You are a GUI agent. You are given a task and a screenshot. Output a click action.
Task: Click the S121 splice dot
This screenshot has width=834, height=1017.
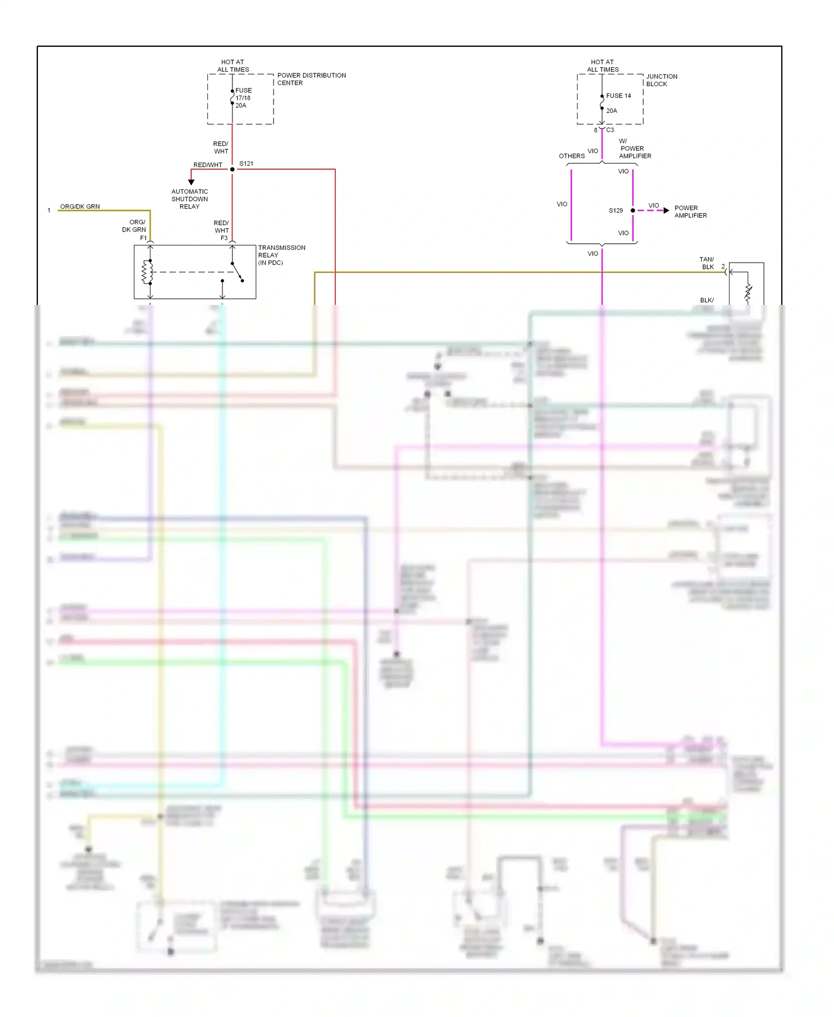point(232,169)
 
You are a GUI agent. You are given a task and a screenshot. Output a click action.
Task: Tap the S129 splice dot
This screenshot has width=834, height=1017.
point(633,210)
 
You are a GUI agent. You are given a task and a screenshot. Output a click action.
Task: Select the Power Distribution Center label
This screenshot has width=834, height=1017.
point(311,79)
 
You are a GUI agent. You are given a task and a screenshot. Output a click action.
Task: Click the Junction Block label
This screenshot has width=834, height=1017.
point(661,80)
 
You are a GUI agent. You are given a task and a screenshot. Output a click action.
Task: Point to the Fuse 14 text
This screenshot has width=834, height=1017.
point(618,96)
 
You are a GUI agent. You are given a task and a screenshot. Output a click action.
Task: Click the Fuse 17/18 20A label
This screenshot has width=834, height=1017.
point(243,98)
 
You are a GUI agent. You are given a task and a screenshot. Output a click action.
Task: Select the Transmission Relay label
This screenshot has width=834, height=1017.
point(281,255)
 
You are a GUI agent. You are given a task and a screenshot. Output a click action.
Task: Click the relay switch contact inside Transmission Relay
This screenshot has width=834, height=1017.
point(237,272)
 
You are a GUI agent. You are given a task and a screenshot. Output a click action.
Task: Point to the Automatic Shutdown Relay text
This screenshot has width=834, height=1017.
point(190,199)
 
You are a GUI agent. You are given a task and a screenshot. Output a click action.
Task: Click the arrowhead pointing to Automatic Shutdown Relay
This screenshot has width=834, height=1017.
point(191,182)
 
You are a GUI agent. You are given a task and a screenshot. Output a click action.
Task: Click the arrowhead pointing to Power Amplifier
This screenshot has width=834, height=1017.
point(666,210)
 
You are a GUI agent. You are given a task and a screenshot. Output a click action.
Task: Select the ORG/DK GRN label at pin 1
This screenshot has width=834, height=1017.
point(80,206)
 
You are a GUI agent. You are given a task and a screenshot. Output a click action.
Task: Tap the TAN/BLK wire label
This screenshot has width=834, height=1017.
point(707,263)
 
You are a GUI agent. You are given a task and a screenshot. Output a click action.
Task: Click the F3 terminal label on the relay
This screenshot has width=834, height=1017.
point(224,238)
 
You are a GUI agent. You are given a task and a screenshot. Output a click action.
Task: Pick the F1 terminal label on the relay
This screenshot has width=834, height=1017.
point(143,238)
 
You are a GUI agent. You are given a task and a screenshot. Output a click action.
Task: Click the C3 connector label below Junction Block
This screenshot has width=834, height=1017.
point(610,130)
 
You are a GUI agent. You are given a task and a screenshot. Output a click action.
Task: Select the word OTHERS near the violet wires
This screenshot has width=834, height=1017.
point(572,156)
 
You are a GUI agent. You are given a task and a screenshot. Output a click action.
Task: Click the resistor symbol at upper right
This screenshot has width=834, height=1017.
point(748,293)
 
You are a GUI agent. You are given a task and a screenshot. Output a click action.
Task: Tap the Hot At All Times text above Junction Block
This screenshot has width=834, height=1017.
point(603,66)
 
